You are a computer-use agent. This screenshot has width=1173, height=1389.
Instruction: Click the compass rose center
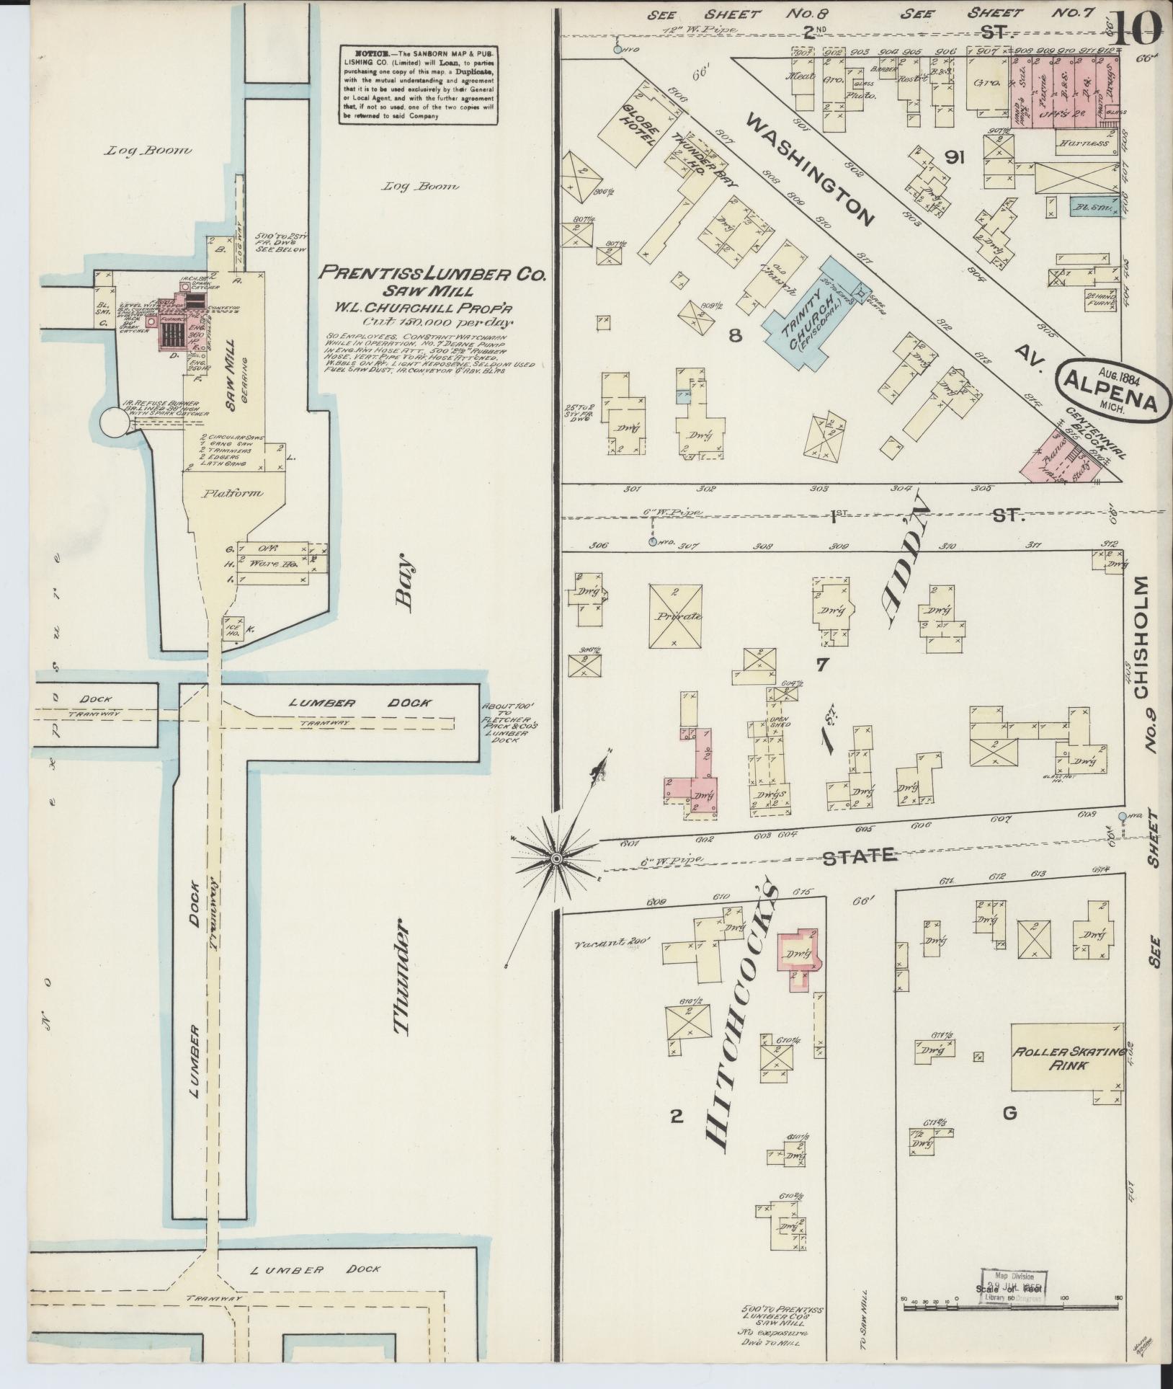[x=556, y=858]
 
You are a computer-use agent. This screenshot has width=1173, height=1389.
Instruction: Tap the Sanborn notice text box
[x=419, y=85]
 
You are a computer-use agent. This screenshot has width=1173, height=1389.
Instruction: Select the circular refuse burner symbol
[x=113, y=424]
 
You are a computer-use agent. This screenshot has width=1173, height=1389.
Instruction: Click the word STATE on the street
[x=860, y=856]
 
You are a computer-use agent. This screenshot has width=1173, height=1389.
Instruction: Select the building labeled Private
[x=675, y=616]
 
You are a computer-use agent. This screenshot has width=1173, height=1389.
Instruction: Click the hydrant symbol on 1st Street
[x=652, y=541]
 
